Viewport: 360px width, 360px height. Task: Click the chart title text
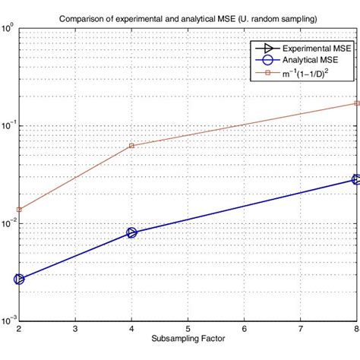pyautogui.click(x=188, y=17)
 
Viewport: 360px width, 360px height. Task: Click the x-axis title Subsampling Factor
pyautogui.click(x=188, y=336)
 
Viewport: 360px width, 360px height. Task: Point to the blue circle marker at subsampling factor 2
pyautogui.click(x=19, y=279)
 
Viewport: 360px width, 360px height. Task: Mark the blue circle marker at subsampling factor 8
pyautogui.click(x=356, y=179)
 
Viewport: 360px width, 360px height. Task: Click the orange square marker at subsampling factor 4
pyautogui.click(x=131, y=145)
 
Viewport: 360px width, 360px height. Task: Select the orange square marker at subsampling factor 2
pyautogui.click(x=19, y=210)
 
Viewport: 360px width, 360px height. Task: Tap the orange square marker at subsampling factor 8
pyautogui.click(x=356, y=103)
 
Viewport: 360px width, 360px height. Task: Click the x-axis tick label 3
pyautogui.click(x=75, y=329)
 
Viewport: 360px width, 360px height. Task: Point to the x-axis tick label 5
pyautogui.click(x=188, y=329)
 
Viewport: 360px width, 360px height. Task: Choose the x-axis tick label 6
pyautogui.click(x=244, y=329)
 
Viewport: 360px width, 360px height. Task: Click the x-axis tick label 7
pyautogui.click(x=300, y=329)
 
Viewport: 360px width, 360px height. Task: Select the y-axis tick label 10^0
pyautogui.click(x=8, y=30)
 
